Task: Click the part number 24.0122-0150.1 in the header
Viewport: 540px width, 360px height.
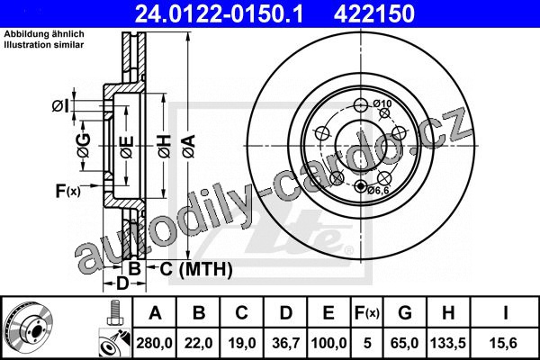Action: (x=219, y=13)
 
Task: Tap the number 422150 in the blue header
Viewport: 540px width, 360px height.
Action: (x=374, y=13)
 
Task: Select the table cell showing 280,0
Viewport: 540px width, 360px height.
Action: (x=154, y=343)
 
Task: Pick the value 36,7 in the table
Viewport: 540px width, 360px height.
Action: (x=286, y=343)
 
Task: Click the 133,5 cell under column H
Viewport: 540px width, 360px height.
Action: (x=448, y=343)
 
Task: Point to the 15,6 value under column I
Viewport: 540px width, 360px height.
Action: (x=505, y=343)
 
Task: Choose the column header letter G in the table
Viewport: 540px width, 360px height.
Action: (x=405, y=313)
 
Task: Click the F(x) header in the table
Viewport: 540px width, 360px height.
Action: (x=367, y=313)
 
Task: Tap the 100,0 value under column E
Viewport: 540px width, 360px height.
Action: (x=328, y=343)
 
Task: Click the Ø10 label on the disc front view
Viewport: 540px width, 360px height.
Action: (x=382, y=103)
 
